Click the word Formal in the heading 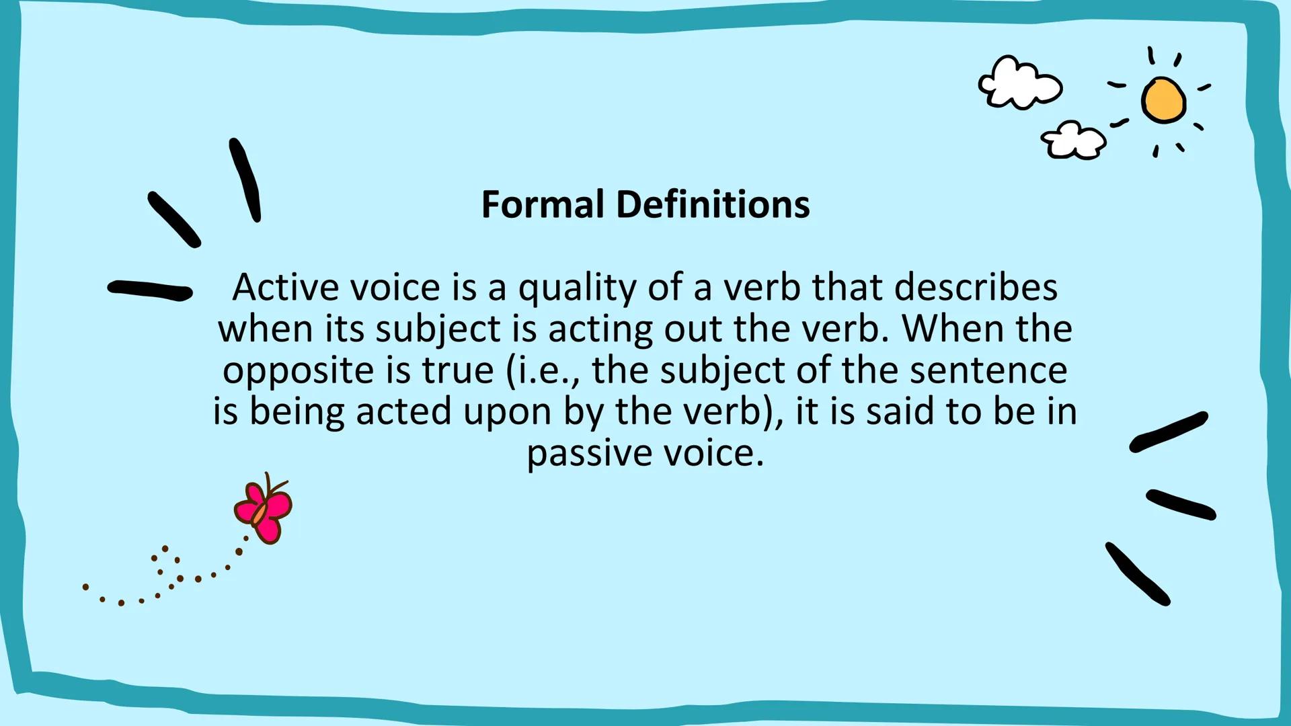click(x=542, y=204)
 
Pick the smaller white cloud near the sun click(x=1073, y=140)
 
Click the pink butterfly click(x=263, y=511)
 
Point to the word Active click(x=285, y=288)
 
